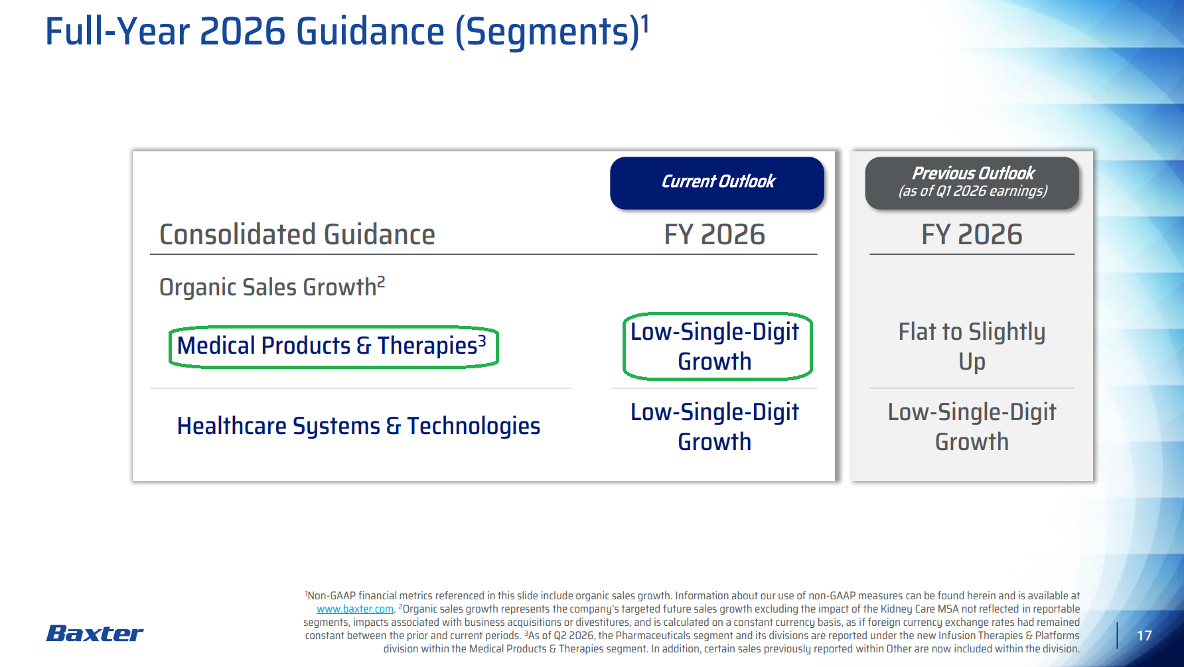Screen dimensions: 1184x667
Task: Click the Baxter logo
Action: (94, 634)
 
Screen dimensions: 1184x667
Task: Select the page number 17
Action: (1144, 636)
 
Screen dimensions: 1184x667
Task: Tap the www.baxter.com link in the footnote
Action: (355, 609)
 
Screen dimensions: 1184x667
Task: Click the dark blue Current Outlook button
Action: (717, 183)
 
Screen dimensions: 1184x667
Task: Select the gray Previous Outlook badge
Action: (972, 183)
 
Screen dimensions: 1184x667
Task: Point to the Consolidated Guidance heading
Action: (297, 235)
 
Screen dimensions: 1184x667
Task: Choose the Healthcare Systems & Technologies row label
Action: (358, 426)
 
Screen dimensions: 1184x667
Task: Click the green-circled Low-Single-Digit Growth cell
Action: (715, 346)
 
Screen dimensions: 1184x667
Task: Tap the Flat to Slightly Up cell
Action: (972, 346)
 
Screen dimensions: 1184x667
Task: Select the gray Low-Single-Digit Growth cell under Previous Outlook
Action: (972, 427)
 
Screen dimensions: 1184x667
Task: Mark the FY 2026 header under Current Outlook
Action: (715, 235)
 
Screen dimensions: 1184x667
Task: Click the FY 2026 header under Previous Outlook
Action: (972, 235)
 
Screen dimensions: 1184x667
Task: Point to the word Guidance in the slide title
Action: (370, 32)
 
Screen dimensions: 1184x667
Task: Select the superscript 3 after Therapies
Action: (482, 341)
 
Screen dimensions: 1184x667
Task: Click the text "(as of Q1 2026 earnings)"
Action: (973, 191)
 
